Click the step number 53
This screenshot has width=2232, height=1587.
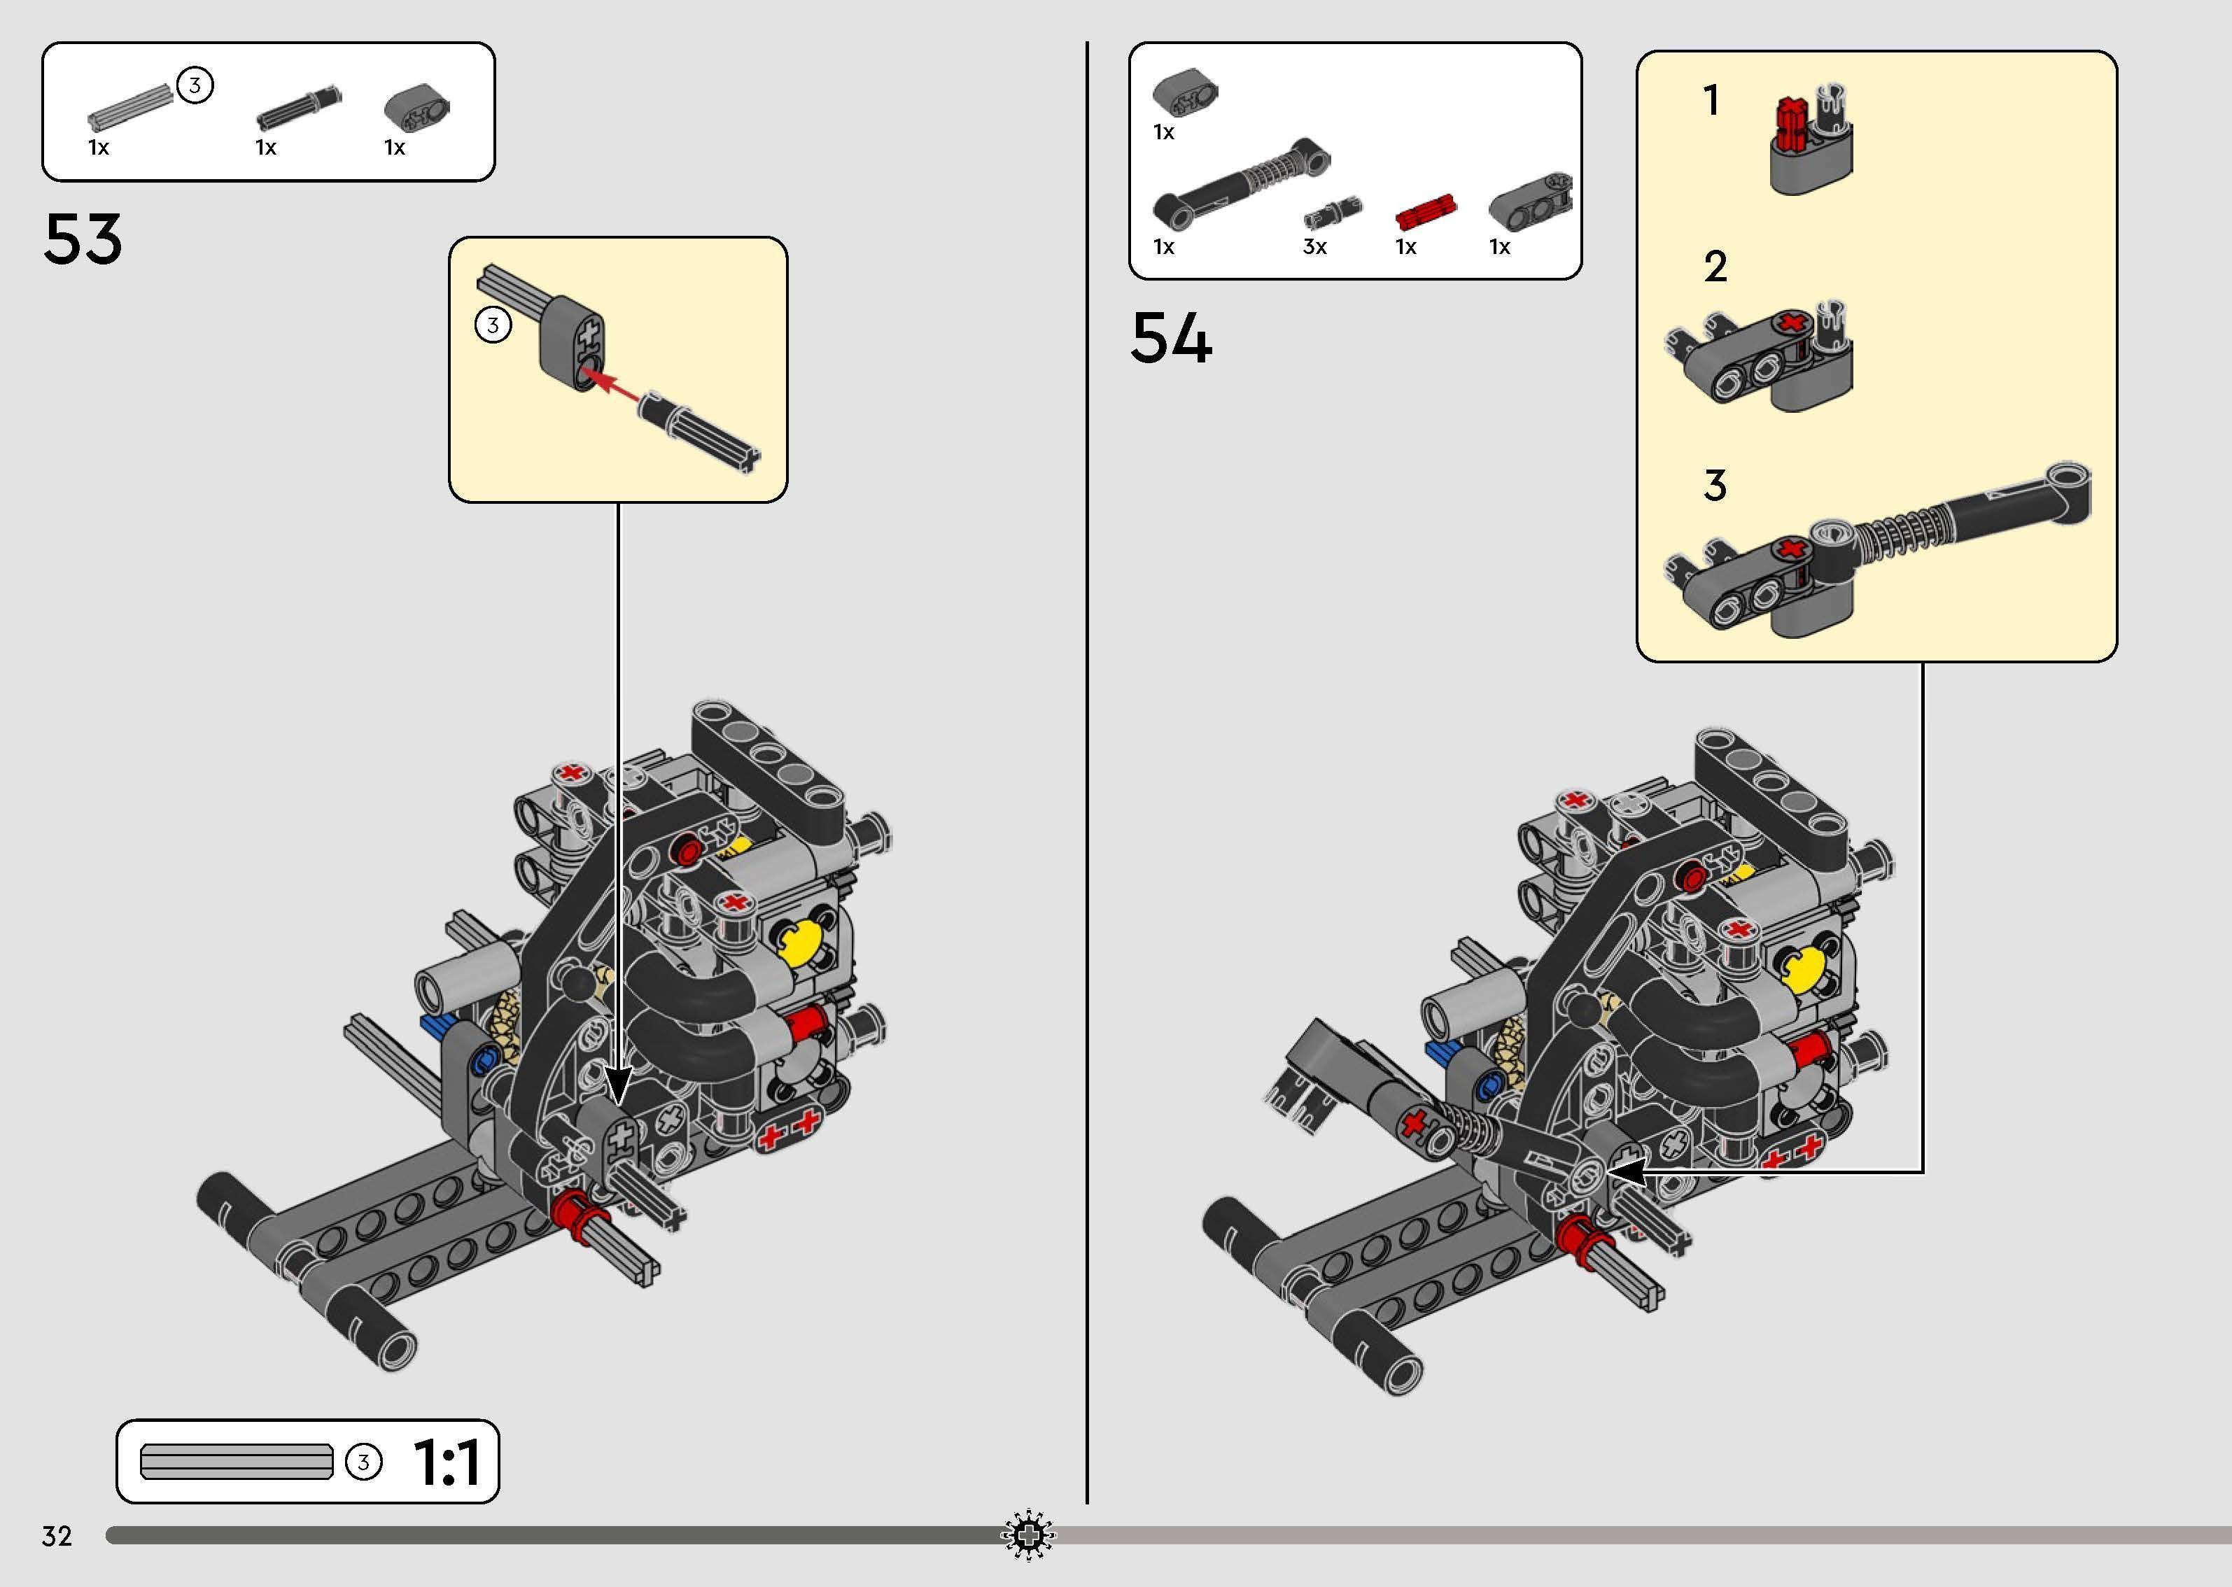click(x=83, y=239)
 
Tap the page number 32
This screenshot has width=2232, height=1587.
click(x=57, y=1536)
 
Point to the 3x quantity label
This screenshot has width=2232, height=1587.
click(x=1314, y=247)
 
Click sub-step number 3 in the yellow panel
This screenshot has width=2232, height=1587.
click(x=1715, y=486)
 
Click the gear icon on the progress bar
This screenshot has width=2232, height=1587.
click(x=1028, y=1536)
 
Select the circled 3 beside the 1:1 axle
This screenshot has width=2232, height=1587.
click(x=363, y=1462)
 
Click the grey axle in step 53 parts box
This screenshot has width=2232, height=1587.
click(x=127, y=108)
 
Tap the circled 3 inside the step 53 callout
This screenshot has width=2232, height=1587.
click(x=493, y=325)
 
